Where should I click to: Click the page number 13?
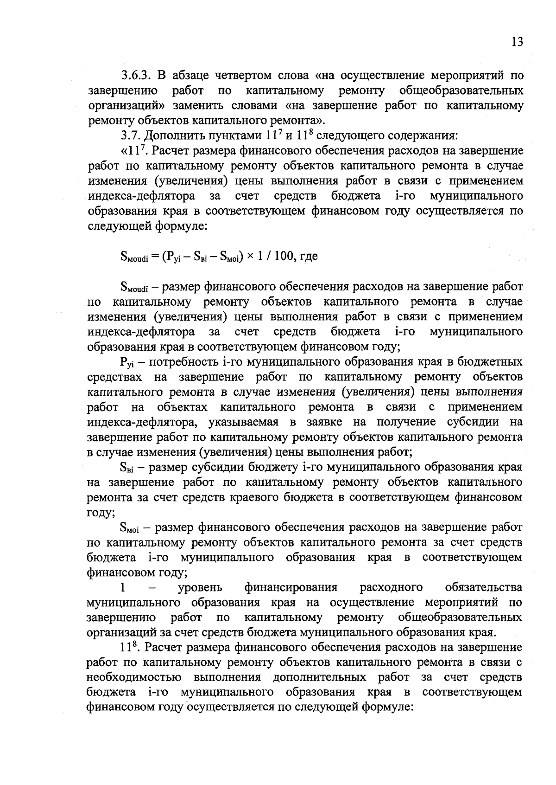click(517, 42)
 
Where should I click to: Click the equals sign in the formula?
click(154, 256)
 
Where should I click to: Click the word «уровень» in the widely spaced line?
click(200, 588)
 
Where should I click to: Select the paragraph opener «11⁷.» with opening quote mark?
click(133, 151)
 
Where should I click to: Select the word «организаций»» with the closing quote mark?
click(129, 105)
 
